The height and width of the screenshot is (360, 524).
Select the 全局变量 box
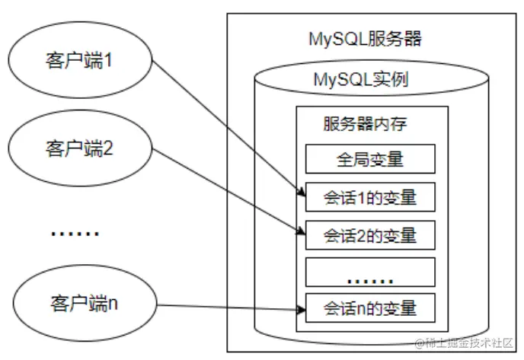(369, 160)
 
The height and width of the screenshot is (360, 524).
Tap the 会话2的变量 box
(369, 234)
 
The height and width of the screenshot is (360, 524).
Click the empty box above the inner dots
(369, 268)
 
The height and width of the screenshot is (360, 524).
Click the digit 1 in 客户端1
(108, 60)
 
